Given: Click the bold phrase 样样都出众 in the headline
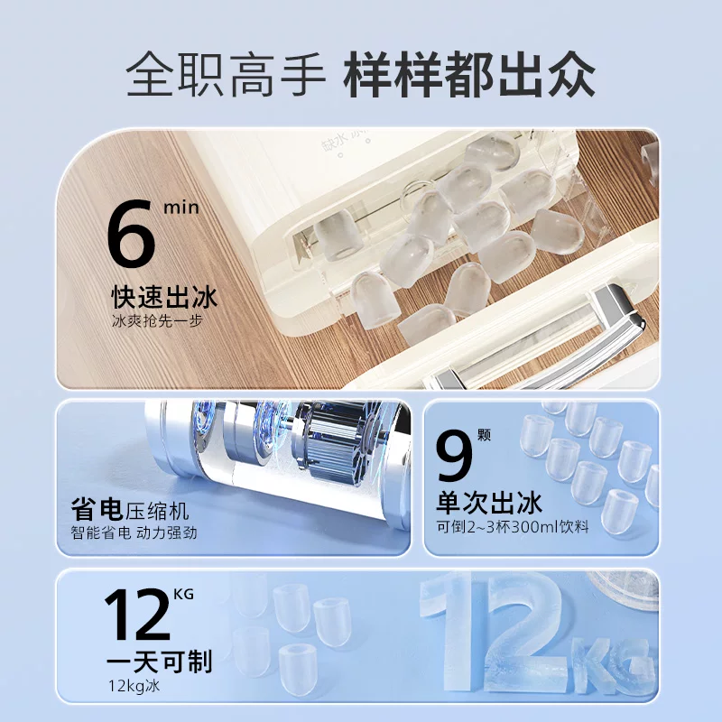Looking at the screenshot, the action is [469, 75].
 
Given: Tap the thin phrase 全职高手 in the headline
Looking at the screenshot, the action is [226, 75].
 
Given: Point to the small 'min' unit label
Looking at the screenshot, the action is [181, 208].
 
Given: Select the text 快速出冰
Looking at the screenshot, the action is [164, 297].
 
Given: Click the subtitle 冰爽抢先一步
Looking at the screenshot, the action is [157, 321].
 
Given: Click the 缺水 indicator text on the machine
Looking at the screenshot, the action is [333, 143].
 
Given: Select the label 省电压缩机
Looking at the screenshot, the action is [130, 510].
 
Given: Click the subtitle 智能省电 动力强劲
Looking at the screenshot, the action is [134, 532].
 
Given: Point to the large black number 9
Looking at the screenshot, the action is [455, 457].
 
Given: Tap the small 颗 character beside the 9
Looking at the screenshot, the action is [484, 435].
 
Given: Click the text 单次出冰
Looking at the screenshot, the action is [489, 503].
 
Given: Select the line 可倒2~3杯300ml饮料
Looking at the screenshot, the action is [513, 526].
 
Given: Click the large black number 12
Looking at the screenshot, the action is [137, 615].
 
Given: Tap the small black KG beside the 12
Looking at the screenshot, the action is [184, 595].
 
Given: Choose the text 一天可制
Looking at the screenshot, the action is [160, 662].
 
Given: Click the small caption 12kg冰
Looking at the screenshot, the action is [134, 686].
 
